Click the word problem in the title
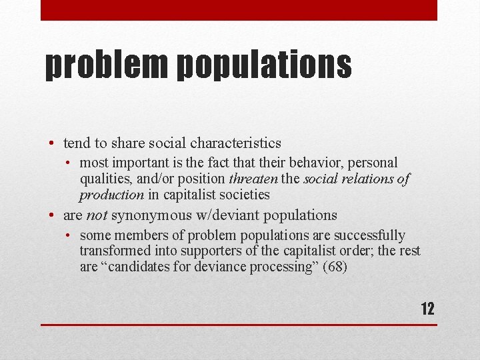point(105,65)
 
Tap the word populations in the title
point(265,65)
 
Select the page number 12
point(427,309)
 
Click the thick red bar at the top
point(239,10)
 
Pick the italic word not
point(97,215)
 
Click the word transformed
point(111,251)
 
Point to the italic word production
point(111,195)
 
